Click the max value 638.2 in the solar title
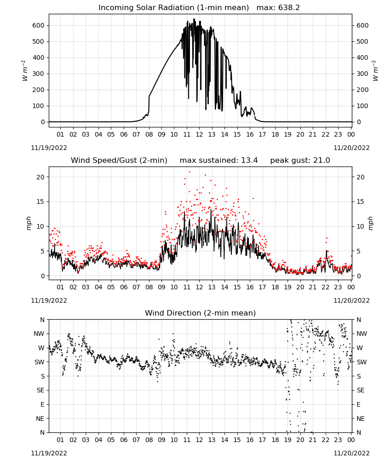tap(289, 8)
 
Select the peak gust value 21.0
tap(322, 161)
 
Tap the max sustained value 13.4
tap(249, 161)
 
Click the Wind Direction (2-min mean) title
tap(201, 313)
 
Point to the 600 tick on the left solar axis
tap(39, 25)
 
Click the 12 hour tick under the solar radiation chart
tap(199, 134)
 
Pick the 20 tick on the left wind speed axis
tap(41, 177)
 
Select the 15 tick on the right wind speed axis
tap(360, 201)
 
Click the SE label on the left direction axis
tap(40, 390)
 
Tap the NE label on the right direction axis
tap(361, 419)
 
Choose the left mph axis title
tap(29, 223)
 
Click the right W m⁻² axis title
tap(375, 71)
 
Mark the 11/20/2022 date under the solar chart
tap(351, 148)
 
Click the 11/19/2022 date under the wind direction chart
tap(49, 453)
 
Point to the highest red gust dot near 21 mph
tap(190, 172)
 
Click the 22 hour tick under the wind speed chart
tap(325, 287)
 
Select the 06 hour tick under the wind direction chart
tap(123, 440)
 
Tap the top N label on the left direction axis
tap(42, 320)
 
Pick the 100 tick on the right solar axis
tap(362, 106)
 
